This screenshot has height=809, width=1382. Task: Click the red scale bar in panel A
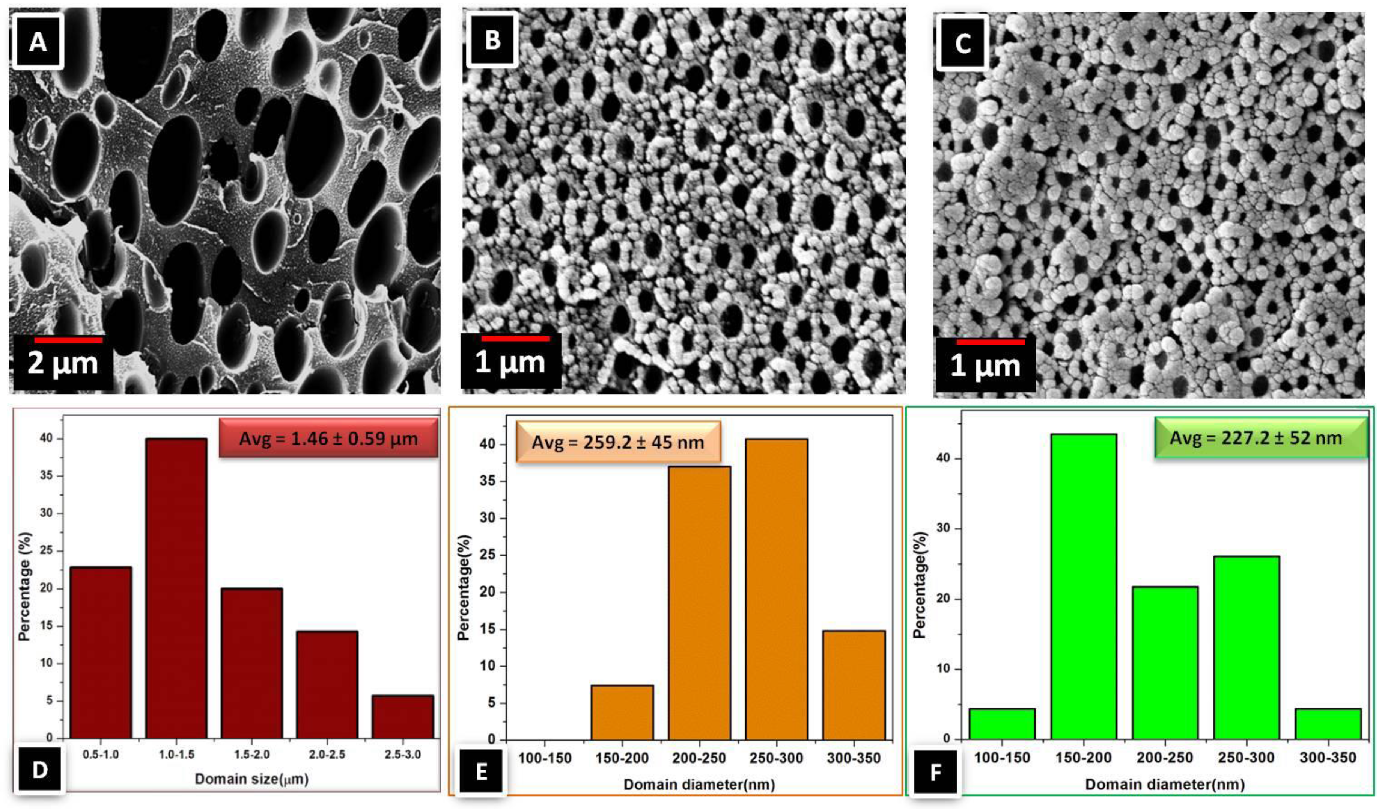[68, 340]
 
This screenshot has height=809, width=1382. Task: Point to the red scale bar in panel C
[991, 342]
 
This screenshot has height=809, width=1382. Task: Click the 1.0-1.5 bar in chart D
[176, 588]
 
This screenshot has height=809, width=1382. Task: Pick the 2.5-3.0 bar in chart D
[402, 716]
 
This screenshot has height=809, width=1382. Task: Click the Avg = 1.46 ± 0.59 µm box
[328, 439]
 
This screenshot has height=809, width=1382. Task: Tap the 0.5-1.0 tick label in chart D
[101, 755]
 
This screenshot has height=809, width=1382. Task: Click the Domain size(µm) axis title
[252, 779]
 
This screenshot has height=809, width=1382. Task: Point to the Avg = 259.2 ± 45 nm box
[618, 442]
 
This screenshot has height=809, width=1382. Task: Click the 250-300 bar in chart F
[1247, 648]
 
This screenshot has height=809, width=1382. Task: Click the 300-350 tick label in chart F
[1328, 758]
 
